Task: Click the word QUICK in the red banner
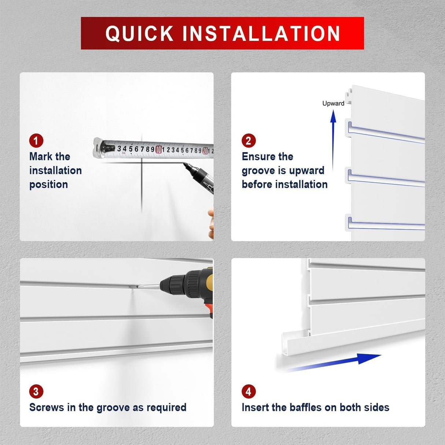tap(139, 33)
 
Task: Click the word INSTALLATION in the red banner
tap(261, 33)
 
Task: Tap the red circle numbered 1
tap(36, 141)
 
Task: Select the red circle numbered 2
tap(249, 141)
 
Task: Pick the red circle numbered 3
tap(36, 391)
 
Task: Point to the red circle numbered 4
tap(249, 391)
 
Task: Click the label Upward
tap(333, 103)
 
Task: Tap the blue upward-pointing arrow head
tap(333, 116)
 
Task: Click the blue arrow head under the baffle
tap(368, 358)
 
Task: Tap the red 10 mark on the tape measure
tap(158, 150)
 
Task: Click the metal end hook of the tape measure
tap(99, 148)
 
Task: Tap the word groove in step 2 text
tap(258, 171)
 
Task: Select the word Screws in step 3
tap(47, 407)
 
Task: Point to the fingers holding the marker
tap(211, 223)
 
